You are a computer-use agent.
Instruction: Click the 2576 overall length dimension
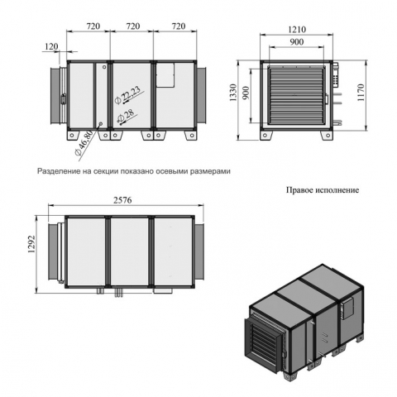(122, 200)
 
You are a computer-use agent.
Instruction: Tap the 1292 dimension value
(31, 244)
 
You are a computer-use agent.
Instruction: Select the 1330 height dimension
(232, 93)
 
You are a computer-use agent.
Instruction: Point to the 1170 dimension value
(361, 93)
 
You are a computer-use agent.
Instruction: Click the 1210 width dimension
(297, 29)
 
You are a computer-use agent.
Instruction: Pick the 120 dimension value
(51, 46)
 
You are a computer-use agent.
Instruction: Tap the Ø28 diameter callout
(126, 116)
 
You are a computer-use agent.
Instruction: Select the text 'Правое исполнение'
(323, 190)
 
